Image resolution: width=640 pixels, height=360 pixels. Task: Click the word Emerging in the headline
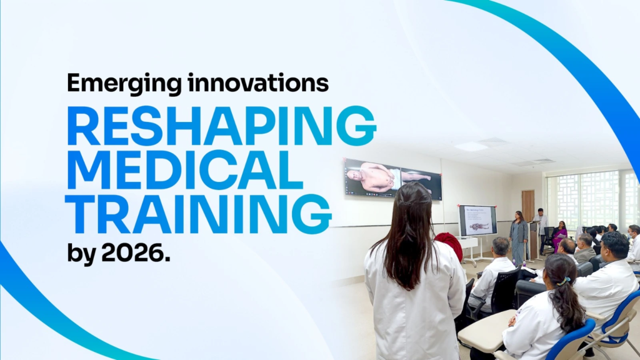coord(124,84)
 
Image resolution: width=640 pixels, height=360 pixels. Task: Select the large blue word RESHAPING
coord(221,126)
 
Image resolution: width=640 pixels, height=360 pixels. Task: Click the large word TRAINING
coord(199,214)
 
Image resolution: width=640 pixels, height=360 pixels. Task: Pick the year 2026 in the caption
coord(136,254)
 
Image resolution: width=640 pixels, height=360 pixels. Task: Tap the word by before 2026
coord(82,254)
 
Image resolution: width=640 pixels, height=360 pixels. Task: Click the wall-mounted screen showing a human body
coord(393,179)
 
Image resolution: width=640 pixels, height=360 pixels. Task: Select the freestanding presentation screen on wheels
coord(477,221)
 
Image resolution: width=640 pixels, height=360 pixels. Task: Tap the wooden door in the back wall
coord(527,206)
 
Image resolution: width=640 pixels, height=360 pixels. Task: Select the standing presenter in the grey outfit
coord(518,237)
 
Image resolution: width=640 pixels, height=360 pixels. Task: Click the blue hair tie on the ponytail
coord(564,281)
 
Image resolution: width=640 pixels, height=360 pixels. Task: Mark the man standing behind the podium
coord(541,225)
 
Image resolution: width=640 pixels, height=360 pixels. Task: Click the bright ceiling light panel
coord(471,146)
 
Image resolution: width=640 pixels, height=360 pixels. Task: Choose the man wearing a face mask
coord(634,243)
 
